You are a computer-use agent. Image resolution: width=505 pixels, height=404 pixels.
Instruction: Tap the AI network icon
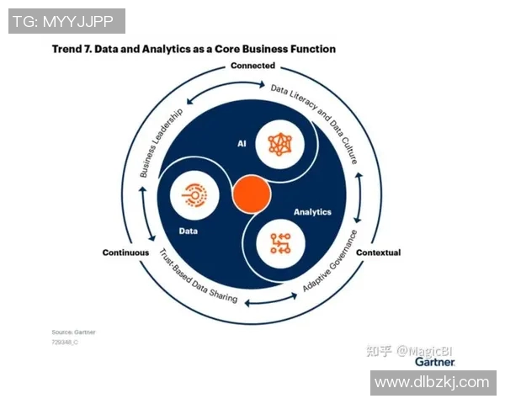[x=279, y=144]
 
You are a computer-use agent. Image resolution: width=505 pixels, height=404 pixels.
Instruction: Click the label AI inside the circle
[x=242, y=144]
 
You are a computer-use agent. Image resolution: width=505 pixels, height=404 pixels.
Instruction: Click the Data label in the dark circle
[x=189, y=229]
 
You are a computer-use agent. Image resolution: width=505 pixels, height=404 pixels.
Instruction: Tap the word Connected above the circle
[x=252, y=65]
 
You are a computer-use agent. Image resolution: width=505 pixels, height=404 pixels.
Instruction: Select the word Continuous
[x=125, y=252]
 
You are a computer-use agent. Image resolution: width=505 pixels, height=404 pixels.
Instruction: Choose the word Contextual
[x=378, y=252]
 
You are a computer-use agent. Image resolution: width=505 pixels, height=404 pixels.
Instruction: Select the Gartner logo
[x=434, y=361]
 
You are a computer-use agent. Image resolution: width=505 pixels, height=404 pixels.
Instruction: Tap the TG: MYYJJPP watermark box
[x=66, y=21]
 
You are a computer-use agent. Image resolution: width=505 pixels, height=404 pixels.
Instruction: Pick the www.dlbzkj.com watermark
[x=432, y=382]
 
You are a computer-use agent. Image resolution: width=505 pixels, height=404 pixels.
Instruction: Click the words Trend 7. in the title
[x=71, y=49]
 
